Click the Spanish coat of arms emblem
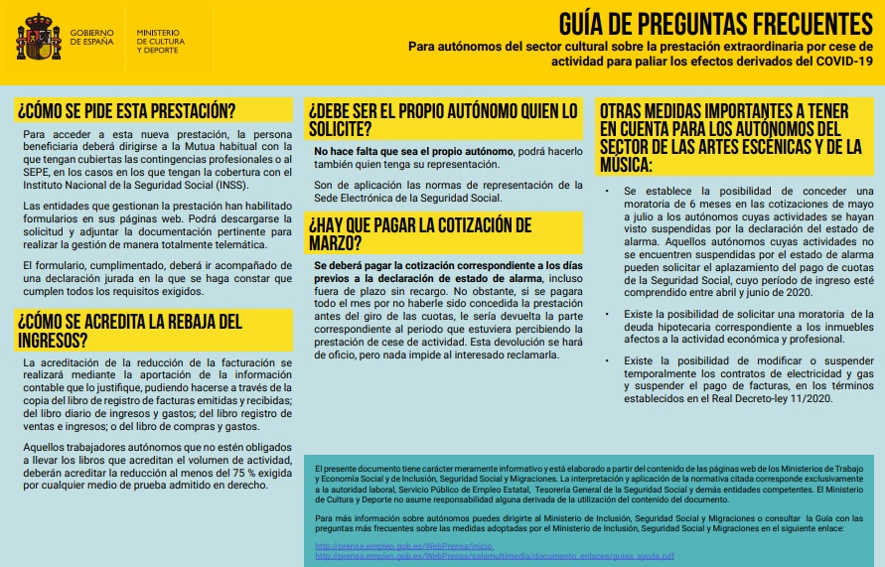(x=38, y=38)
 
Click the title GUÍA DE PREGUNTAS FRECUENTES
(x=715, y=23)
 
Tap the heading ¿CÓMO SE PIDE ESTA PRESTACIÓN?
(x=126, y=109)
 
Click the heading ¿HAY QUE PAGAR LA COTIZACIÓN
(x=420, y=232)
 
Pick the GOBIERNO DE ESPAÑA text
(x=91, y=37)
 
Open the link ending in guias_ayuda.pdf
(x=494, y=556)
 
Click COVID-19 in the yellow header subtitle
(x=841, y=62)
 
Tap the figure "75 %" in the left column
(x=222, y=475)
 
